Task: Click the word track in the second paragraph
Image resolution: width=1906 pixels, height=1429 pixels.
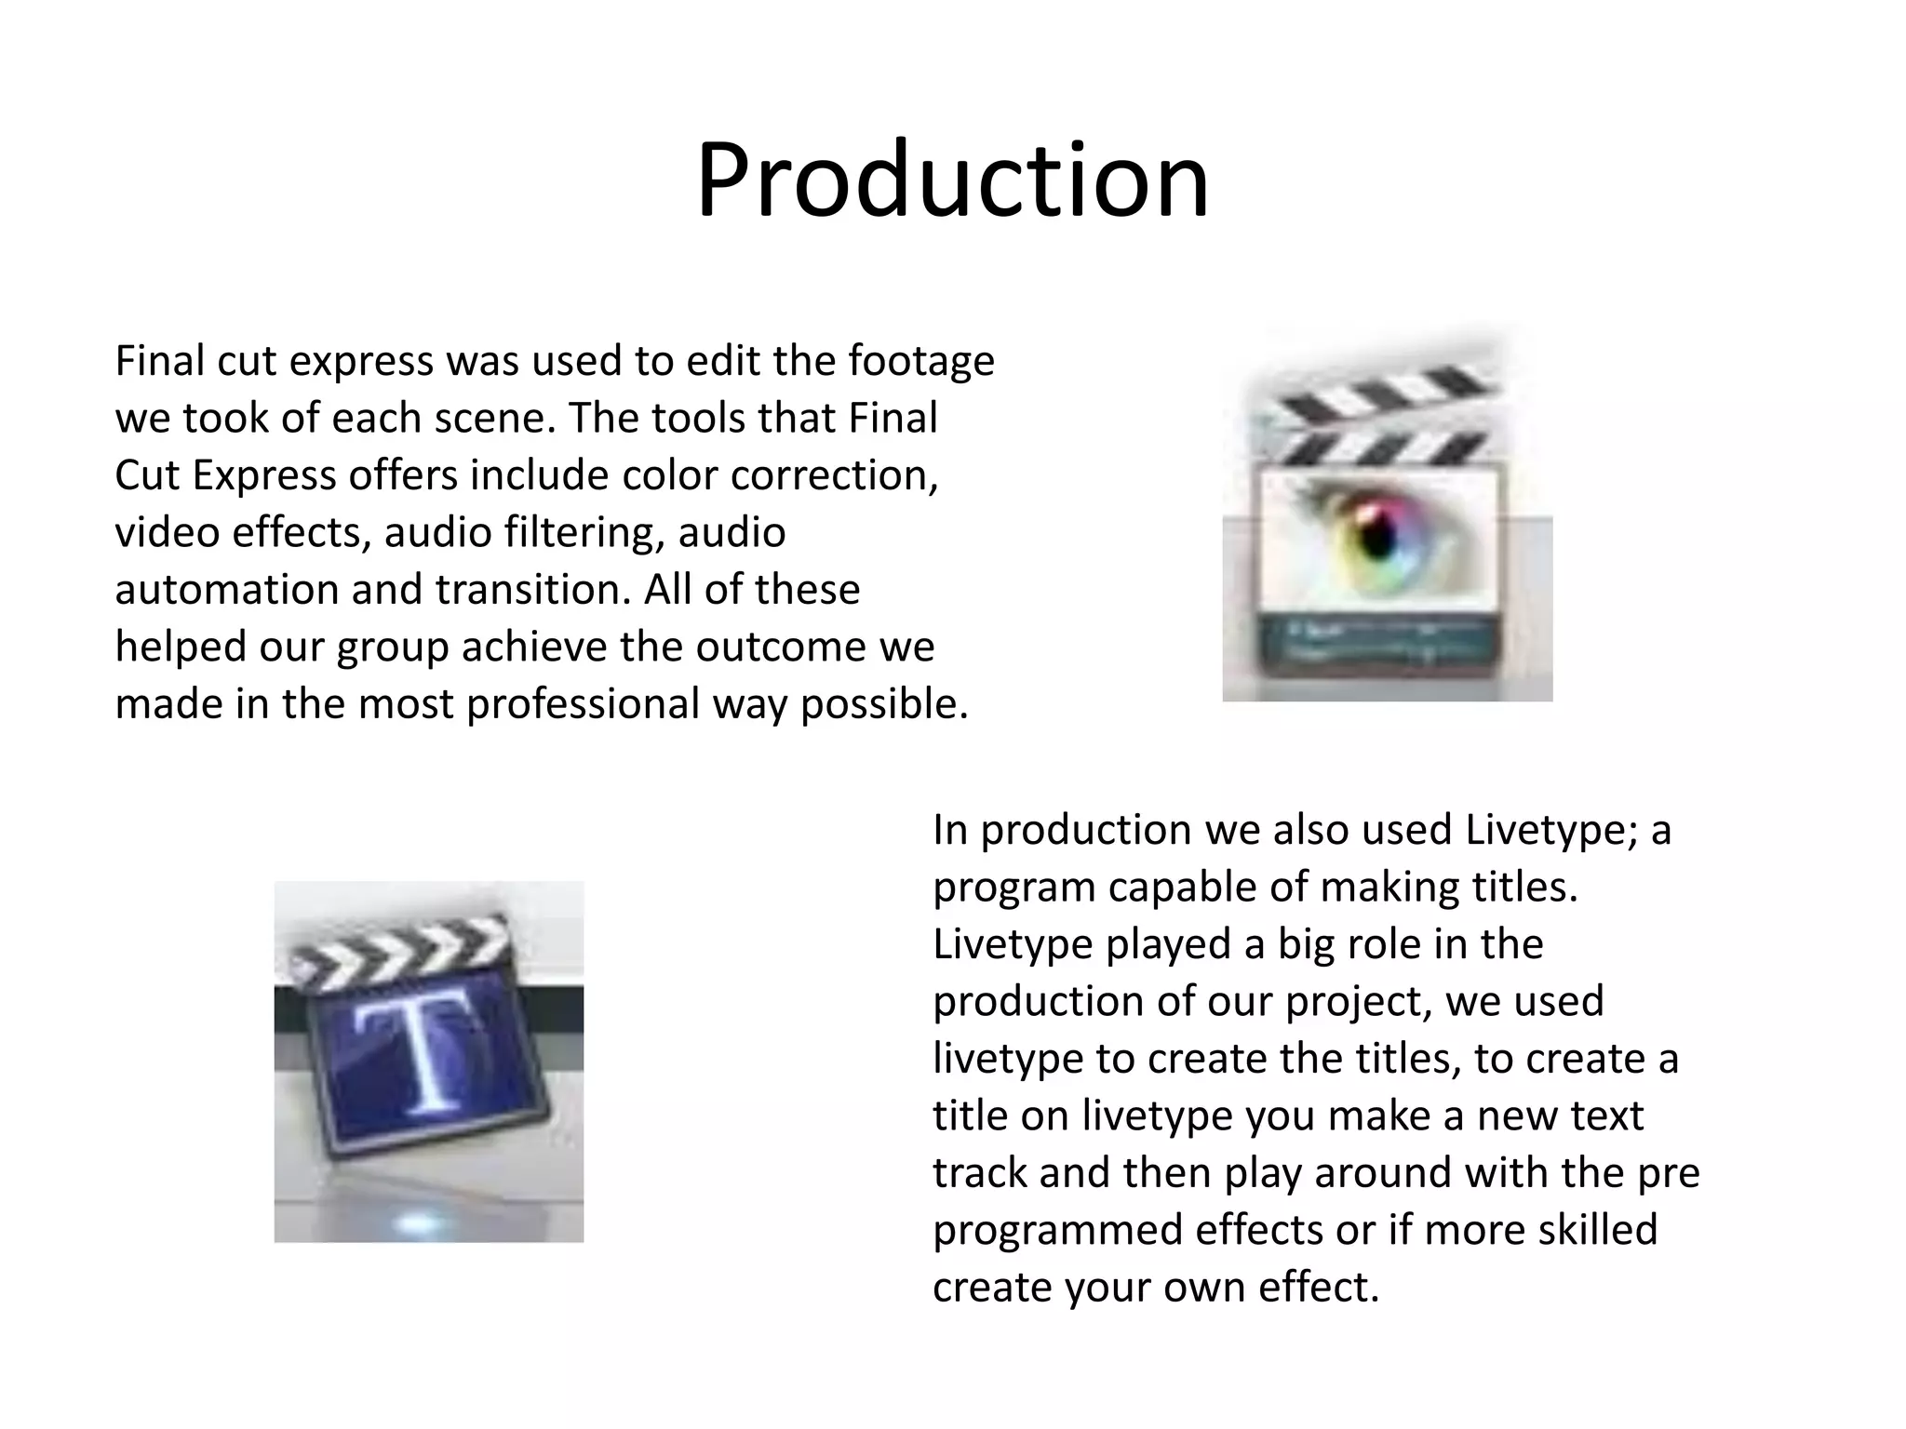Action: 977,1173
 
